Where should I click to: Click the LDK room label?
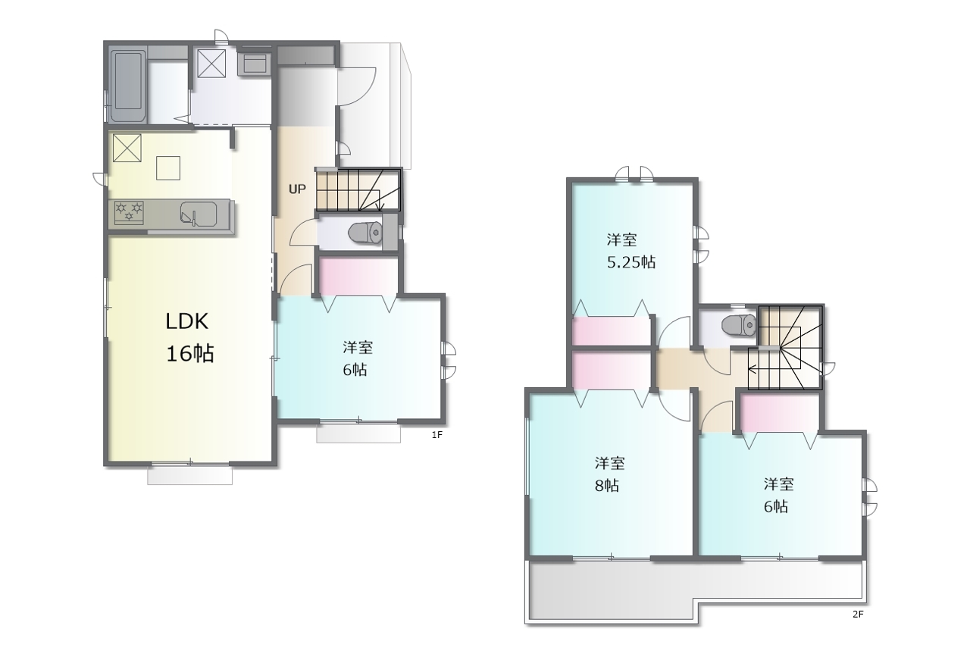point(187,321)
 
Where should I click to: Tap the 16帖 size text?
point(190,354)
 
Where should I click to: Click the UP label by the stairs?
point(297,189)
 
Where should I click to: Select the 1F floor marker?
point(437,435)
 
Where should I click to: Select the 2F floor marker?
point(858,614)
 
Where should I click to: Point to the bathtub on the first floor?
point(128,86)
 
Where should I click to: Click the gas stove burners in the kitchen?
point(129,212)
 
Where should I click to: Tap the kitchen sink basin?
point(198,213)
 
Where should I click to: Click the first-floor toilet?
point(365,233)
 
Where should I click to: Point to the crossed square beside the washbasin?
point(211,63)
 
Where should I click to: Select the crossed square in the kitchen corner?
point(127,148)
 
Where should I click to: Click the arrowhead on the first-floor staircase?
point(380,207)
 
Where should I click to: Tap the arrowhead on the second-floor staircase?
point(753,370)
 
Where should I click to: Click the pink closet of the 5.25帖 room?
point(612,331)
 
